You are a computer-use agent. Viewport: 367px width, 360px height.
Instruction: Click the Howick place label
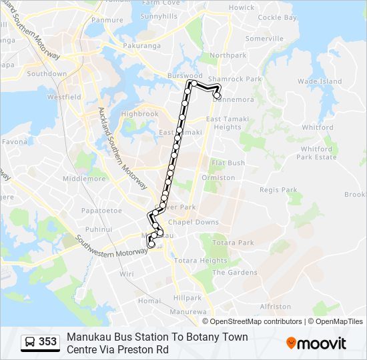point(242,7)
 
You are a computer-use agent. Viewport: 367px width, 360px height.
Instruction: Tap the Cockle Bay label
point(277,18)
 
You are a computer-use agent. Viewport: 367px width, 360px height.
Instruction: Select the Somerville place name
point(264,39)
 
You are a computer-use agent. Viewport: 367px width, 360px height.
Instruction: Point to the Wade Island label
point(320,81)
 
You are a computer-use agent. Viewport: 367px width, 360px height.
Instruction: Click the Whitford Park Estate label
point(317,153)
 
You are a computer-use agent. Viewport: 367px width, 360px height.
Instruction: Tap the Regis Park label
point(278,190)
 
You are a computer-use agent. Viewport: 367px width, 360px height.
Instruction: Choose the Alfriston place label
point(276,307)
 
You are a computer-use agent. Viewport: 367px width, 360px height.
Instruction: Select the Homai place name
point(149,301)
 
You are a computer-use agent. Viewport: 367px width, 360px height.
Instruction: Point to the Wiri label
point(127,273)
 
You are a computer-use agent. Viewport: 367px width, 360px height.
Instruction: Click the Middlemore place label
point(84,179)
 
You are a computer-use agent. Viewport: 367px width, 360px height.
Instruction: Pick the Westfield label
point(64,97)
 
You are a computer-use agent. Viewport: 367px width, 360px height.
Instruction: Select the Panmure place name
point(107,20)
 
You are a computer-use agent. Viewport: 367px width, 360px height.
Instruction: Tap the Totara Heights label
point(201,261)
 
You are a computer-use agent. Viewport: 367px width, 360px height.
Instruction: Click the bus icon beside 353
point(30,342)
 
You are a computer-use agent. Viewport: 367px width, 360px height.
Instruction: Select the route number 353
point(47,342)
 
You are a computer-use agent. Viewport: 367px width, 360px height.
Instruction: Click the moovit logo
point(316,343)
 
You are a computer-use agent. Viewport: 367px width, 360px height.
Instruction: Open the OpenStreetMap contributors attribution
point(256,321)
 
